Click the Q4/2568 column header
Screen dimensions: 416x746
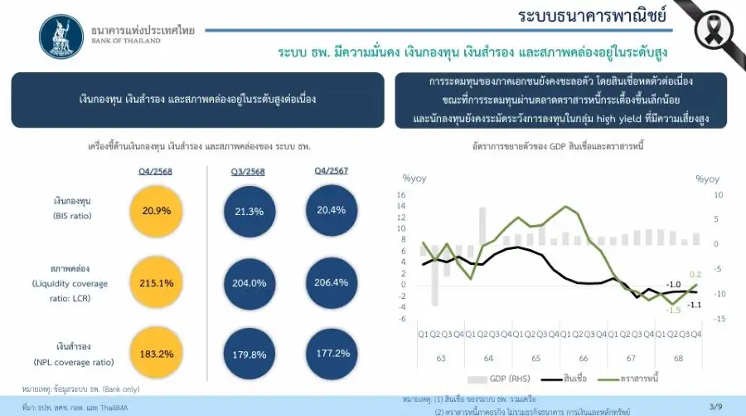pos(155,171)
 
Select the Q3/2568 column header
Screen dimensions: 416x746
pos(249,172)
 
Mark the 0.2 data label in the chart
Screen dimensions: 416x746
pos(695,274)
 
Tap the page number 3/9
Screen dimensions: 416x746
pos(715,406)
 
